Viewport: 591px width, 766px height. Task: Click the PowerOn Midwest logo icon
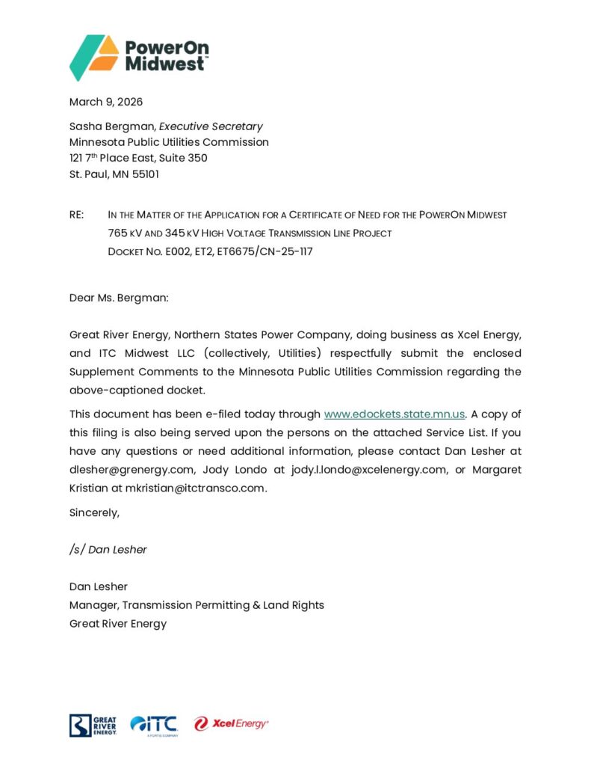(x=94, y=57)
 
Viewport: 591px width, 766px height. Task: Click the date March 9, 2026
(x=106, y=102)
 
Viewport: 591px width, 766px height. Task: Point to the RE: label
(x=76, y=215)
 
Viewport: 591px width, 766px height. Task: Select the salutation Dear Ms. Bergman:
(x=120, y=298)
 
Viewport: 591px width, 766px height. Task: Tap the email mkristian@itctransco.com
(x=196, y=488)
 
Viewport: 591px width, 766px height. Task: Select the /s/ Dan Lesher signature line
(x=108, y=550)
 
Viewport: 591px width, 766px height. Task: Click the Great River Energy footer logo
(x=93, y=725)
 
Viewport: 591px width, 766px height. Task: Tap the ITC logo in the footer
(x=154, y=724)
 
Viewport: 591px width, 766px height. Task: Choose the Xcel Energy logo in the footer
(x=231, y=723)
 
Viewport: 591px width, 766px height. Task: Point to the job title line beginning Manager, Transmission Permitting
(x=197, y=605)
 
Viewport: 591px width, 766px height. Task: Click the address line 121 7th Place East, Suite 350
(x=138, y=158)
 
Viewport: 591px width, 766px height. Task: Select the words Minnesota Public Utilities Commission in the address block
(x=169, y=142)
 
